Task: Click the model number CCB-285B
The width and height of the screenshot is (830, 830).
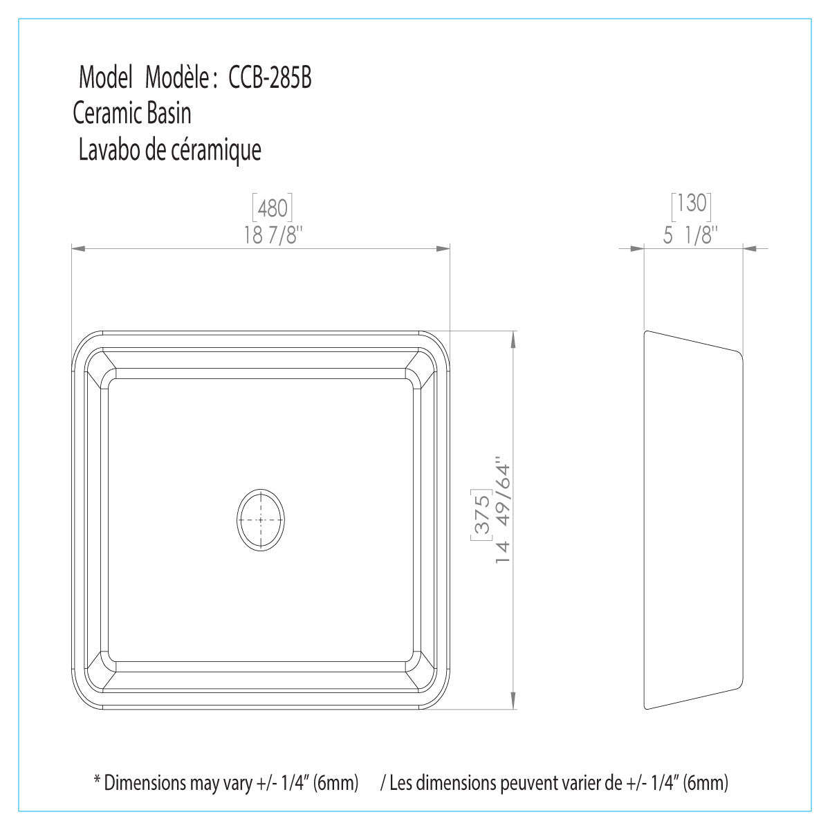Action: [270, 78]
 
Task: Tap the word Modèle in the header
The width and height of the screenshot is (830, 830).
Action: [176, 78]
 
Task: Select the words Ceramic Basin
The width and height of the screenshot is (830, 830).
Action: [132, 113]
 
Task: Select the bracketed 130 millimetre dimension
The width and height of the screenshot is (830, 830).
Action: [692, 203]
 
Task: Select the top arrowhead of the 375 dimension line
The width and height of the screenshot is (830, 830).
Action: [513, 338]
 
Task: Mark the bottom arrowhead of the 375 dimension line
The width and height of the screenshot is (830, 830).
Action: [513, 704]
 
